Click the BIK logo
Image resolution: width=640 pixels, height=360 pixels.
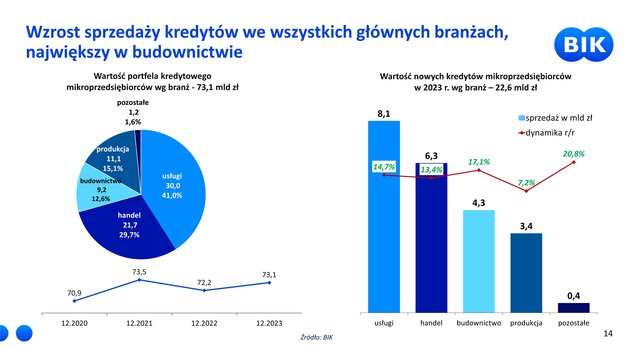pyautogui.click(x=584, y=44)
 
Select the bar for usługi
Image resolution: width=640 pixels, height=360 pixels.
pyautogui.click(x=384, y=217)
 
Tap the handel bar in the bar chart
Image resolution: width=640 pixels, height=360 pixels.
pyautogui.click(x=431, y=238)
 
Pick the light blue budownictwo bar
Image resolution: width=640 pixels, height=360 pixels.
pyautogui.click(x=479, y=261)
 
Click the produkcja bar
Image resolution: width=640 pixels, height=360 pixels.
pyautogui.click(x=526, y=273)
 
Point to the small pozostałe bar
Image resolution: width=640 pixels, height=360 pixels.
pyautogui.click(x=573, y=308)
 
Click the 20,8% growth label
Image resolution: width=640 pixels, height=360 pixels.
pyautogui.click(x=573, y=154)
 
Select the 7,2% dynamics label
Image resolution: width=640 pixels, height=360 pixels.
pyautogui.click(x=526, y=182)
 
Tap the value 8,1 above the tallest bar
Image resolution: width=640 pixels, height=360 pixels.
pyautogui.click(x=384, y=114)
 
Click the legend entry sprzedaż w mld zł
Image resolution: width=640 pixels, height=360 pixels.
pyautogui.click(x=555, y=118)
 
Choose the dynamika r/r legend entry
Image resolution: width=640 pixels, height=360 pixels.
pyautogui.click(x=547, y=133)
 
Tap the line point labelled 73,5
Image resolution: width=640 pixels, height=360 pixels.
pyautogui.click(x=139, y=280)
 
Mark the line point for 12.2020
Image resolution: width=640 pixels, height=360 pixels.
pyautogui.click(x=74, y=301)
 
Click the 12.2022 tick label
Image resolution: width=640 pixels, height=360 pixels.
pyautogui.click(x=204, y=323)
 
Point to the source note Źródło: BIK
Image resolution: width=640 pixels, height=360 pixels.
pyautogui.click(x=317, y=338)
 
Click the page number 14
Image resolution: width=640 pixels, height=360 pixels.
pyautogui.click(x=608, y=334)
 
